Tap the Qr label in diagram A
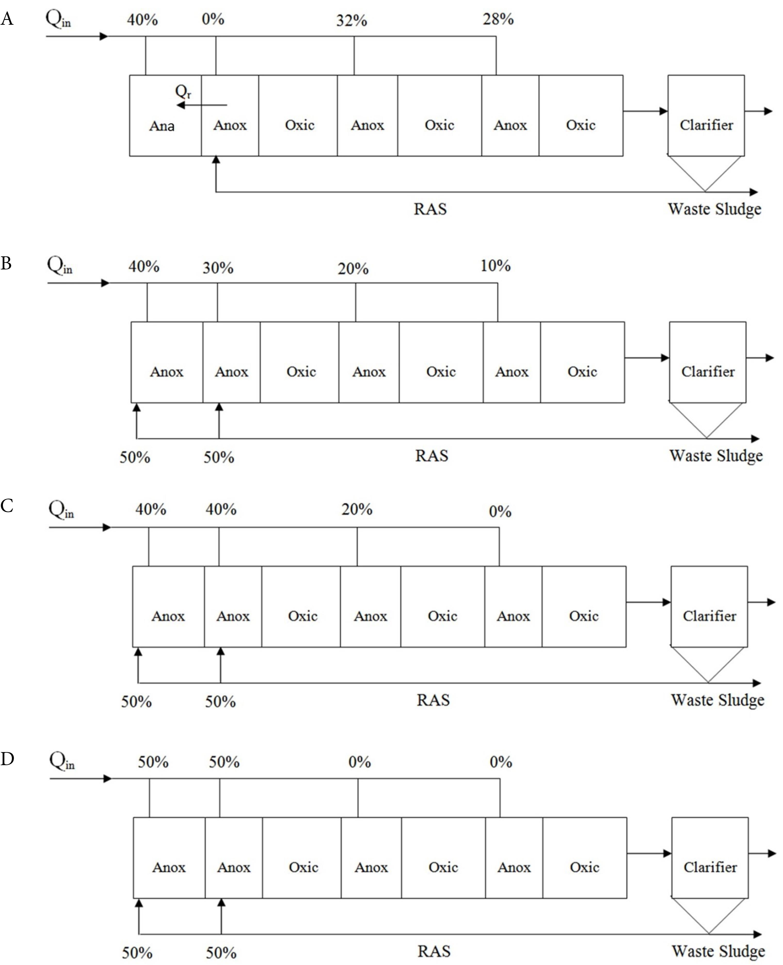click(x=183, y=92)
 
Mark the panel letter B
click(x=6, y=263)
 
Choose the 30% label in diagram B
click(x=218, y=268)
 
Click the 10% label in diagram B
click(x=495, y=266)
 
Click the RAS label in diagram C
click(x=433, y=700)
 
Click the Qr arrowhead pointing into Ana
click(x=180, y=105)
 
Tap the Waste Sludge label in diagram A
click(x=714, y=209)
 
